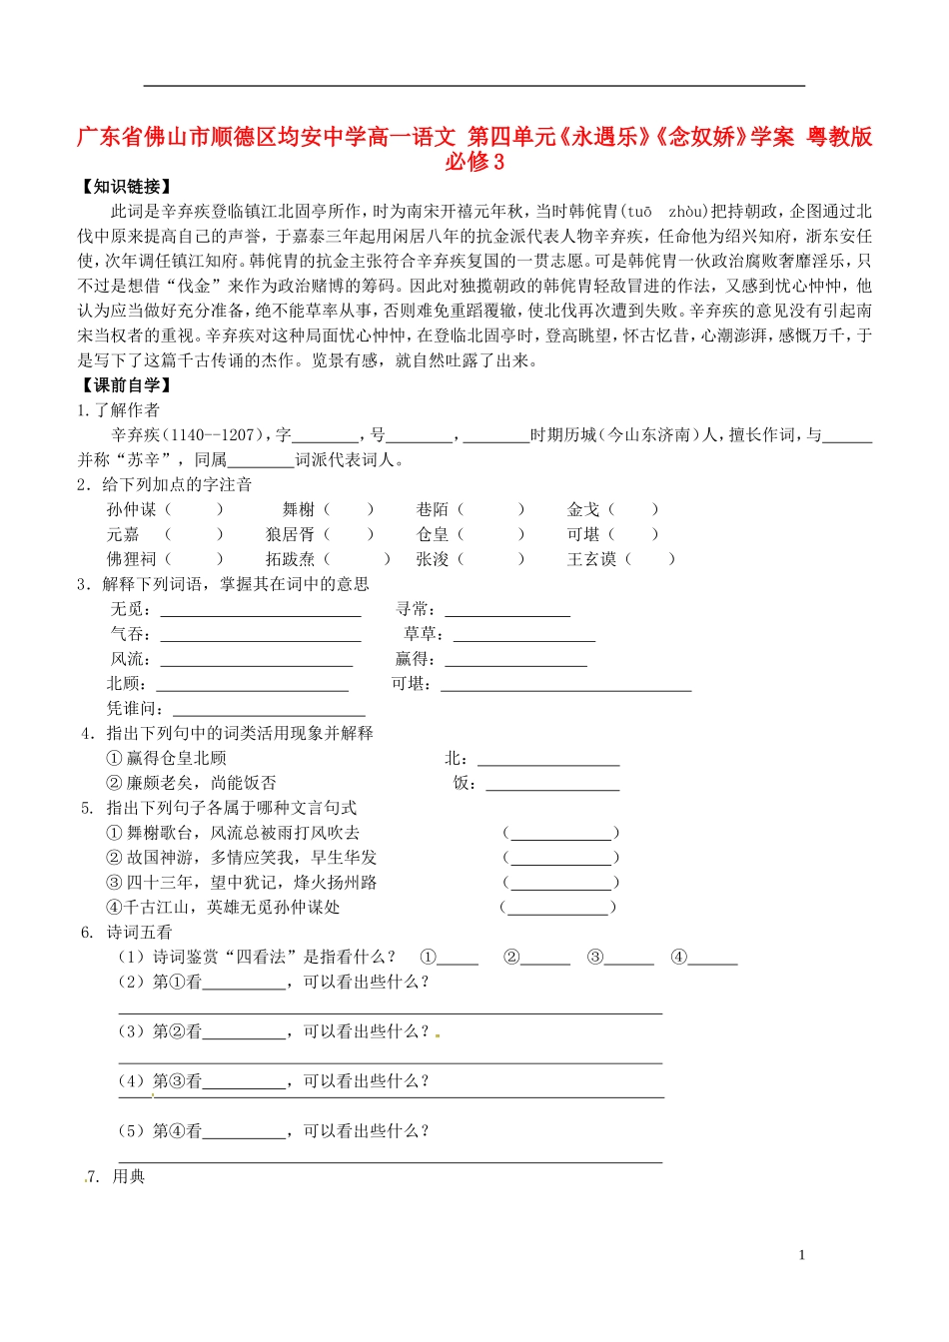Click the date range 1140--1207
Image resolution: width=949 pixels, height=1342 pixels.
[x=211, y=435]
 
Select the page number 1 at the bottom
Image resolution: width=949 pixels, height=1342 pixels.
[x=801, y=1256]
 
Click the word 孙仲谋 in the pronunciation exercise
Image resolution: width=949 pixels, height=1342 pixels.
[x=132, y=510]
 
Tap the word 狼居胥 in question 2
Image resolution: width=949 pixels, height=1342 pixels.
[x=290, y=535]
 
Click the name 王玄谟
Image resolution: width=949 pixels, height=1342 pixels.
[x=591, y=560]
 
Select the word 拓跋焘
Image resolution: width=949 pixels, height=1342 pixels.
[x=290, y=560]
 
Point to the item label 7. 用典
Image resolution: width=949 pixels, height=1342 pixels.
[x=118, y=1177]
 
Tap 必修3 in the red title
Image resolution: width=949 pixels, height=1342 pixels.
[x=474, y=162]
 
